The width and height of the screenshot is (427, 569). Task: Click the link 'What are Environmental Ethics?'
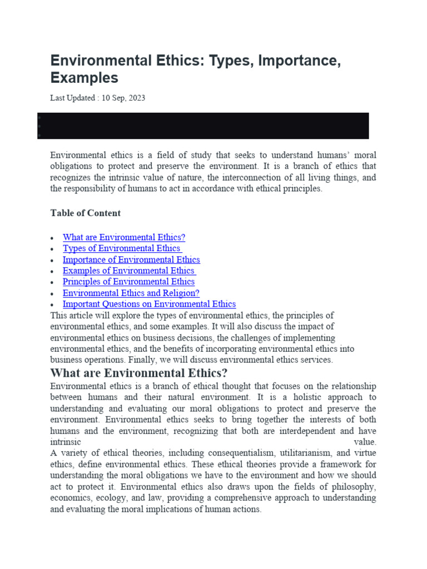[x=123, y=237]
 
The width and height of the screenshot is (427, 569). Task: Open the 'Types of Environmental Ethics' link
[x=122, y=248]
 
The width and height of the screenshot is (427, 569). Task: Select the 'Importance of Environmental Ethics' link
[x=131, y=259]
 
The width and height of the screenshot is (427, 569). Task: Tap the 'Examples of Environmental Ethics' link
[x=129, y=271]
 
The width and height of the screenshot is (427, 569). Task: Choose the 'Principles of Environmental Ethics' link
[x=128, y=282]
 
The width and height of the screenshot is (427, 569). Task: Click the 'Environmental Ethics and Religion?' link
[x=131, y=293]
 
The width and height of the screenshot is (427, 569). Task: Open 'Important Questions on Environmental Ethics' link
[x=149, y=304]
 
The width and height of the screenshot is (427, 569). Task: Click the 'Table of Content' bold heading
[x=85, y=213]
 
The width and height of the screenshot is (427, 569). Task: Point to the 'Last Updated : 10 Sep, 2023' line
[x=97, y=98]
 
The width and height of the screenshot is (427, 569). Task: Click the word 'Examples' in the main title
[x=84, y=77]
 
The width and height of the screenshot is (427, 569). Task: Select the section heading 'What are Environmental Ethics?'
[x=139, y=373]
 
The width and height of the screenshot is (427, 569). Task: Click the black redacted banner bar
[x=203, y=126]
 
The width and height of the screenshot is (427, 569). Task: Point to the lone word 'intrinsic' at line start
[x=66, y=442]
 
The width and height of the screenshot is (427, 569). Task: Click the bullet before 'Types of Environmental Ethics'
[x=52, y=249]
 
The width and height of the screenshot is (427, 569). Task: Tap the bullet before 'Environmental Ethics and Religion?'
[x=52, y=293]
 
